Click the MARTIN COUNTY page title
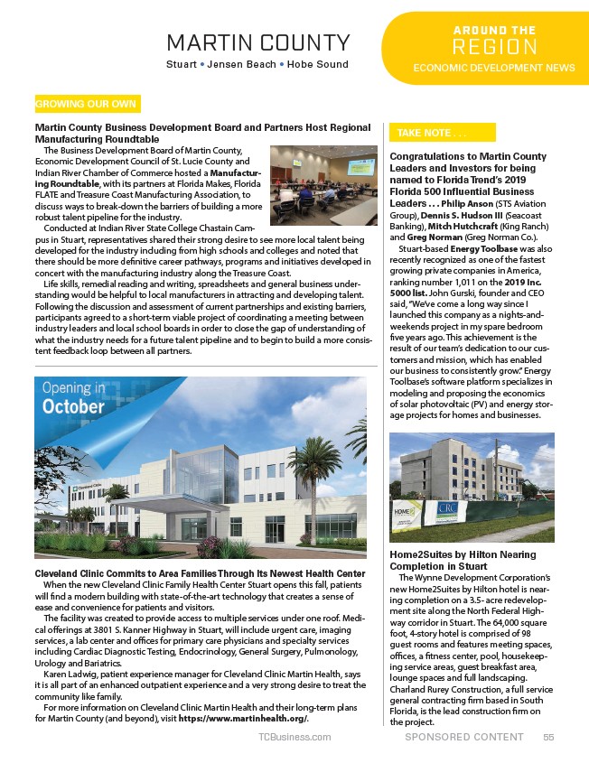pyautogui.click(x=258, y=42)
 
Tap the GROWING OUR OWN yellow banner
pyautogui.click(x=87, y=104)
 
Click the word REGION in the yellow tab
pyautogui.click(x=494, y=47)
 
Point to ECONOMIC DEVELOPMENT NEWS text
pyautogui.click(x=494, y=68)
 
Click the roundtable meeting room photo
pyautogui.click(x=323, y=185)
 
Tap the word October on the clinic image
pyautogui.click(x=72, y=406)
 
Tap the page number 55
pyautogui.click(x=548, y=737)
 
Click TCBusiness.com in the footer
pyautogui.click(x=294, y=737)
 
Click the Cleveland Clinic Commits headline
pyautogui.click(x=199, y=573)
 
